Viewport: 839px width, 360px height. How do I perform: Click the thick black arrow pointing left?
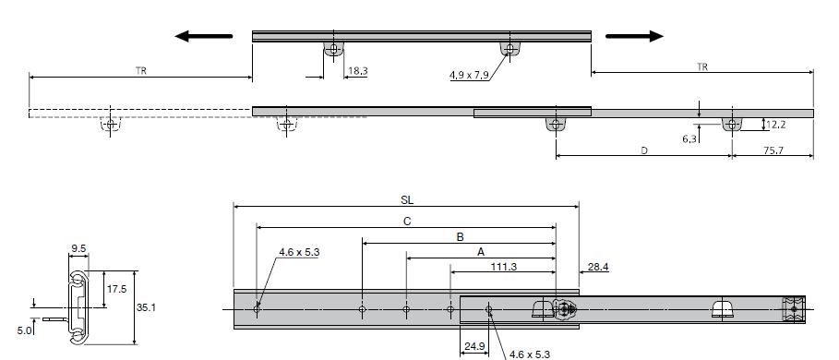tap(203, 36)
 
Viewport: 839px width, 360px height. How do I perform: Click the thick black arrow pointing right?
tap(635, 36)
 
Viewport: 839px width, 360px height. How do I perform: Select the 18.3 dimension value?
tap(357, 70)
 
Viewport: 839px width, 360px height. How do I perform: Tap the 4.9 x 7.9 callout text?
tap(469, 76)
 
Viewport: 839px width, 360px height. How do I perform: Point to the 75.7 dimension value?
tap(773, 150)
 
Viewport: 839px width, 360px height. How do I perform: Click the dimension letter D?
tap(644, 150)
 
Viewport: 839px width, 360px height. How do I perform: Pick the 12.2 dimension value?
tap(776, 126)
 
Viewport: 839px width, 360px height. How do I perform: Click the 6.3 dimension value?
tap(689, 139)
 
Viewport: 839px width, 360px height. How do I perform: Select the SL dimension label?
tap(407, 200)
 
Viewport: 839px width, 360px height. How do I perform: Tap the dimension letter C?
tap(407, 222)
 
